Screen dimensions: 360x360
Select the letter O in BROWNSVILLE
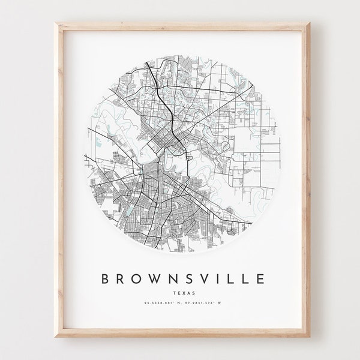[x=136, y=278]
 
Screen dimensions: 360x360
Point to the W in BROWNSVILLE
[x=155, y=278]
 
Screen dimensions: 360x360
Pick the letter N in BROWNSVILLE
[x=174, y=278]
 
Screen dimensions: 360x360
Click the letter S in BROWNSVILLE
[x=191, y=278]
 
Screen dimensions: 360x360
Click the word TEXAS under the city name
[x=181, y=293]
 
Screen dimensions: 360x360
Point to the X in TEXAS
[x=181, y=293]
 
